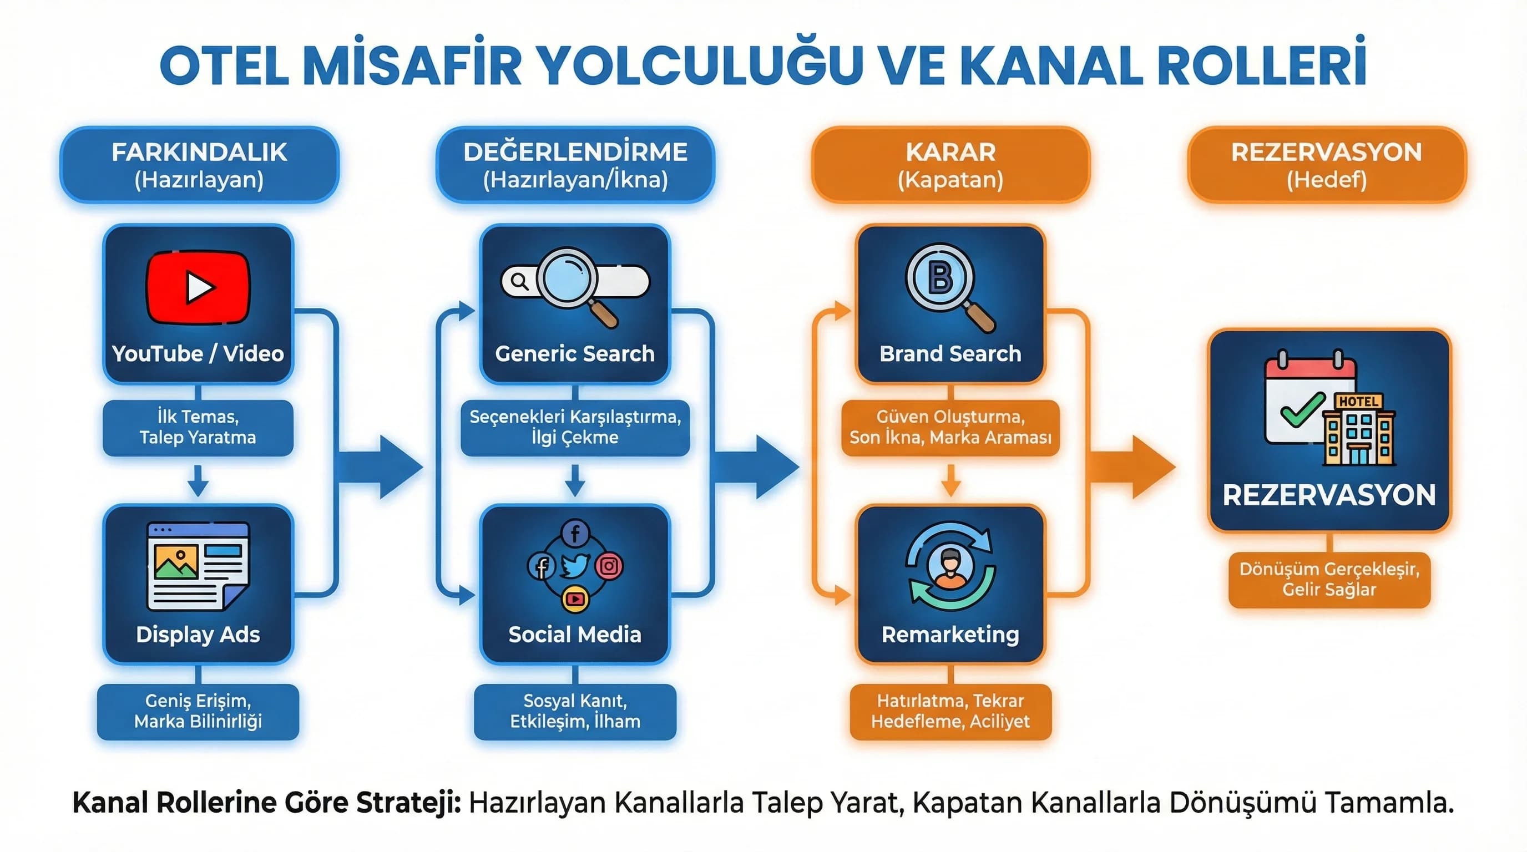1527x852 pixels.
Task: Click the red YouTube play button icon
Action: pyautogui.click(x=198, y=287)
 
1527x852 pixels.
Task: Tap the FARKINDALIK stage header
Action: pyautogui.click(x=199, y=165)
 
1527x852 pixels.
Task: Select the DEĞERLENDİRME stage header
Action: pyautogui.click(x=575, y=165)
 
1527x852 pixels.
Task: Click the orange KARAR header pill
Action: pyautogui.click(x=950, y=165)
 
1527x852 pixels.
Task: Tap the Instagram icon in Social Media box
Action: pyautogui.click(x=609, y=566)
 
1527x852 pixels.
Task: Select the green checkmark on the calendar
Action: pyautogui.click(x=1302, y=409)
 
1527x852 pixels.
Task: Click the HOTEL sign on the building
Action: pyautogui.click(x=1358, y=401)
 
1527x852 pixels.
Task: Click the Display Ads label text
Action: pyautogui.click(x=198, y=635)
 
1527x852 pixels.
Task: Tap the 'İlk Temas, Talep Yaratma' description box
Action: pyautogui.click(x=198, y=427)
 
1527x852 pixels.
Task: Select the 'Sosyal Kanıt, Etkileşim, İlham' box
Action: pyautogui.click(x=575, y=711)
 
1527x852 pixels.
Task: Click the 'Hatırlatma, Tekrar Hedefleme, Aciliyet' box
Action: pyautogui.click(x=950, y=711)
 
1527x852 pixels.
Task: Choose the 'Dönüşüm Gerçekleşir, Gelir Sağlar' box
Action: pyautogui.click(x=1329, y=580)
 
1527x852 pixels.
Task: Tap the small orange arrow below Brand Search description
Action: pyautogui.click(x=950, y=480)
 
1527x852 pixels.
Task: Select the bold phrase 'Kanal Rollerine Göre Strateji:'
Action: pyautogui.click(x=267, y=803)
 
